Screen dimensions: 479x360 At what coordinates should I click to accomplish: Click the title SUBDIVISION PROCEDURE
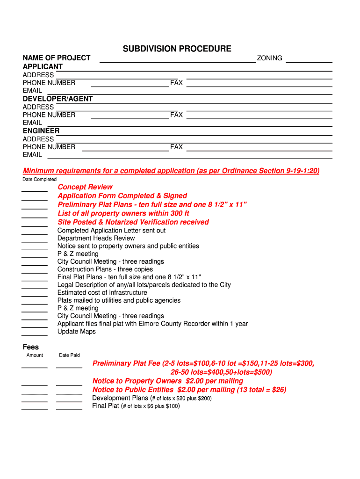177,49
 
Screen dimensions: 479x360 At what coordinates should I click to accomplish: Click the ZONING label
269,58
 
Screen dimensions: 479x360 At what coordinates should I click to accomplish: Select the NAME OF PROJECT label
57,58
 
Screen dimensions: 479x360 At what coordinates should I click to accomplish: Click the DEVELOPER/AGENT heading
58,99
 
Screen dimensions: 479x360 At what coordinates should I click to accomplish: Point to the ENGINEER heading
41,131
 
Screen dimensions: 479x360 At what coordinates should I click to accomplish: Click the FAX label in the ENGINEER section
176,147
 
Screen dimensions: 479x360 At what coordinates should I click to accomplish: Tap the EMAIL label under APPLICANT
32,90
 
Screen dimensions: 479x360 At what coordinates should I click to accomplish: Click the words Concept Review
85,187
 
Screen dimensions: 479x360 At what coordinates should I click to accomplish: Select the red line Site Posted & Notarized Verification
133,222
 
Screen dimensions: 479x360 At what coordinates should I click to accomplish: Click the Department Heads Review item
96,238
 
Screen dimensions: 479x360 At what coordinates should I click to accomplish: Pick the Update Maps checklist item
77,332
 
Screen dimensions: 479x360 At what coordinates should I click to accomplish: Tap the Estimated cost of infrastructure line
102,293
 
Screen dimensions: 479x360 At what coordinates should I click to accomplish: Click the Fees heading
31,347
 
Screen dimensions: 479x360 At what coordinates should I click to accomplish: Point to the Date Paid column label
69,356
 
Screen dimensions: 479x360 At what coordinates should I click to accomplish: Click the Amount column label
35,356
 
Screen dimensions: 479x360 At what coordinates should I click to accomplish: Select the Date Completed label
39,180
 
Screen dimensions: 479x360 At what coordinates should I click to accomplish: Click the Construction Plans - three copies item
105,269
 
